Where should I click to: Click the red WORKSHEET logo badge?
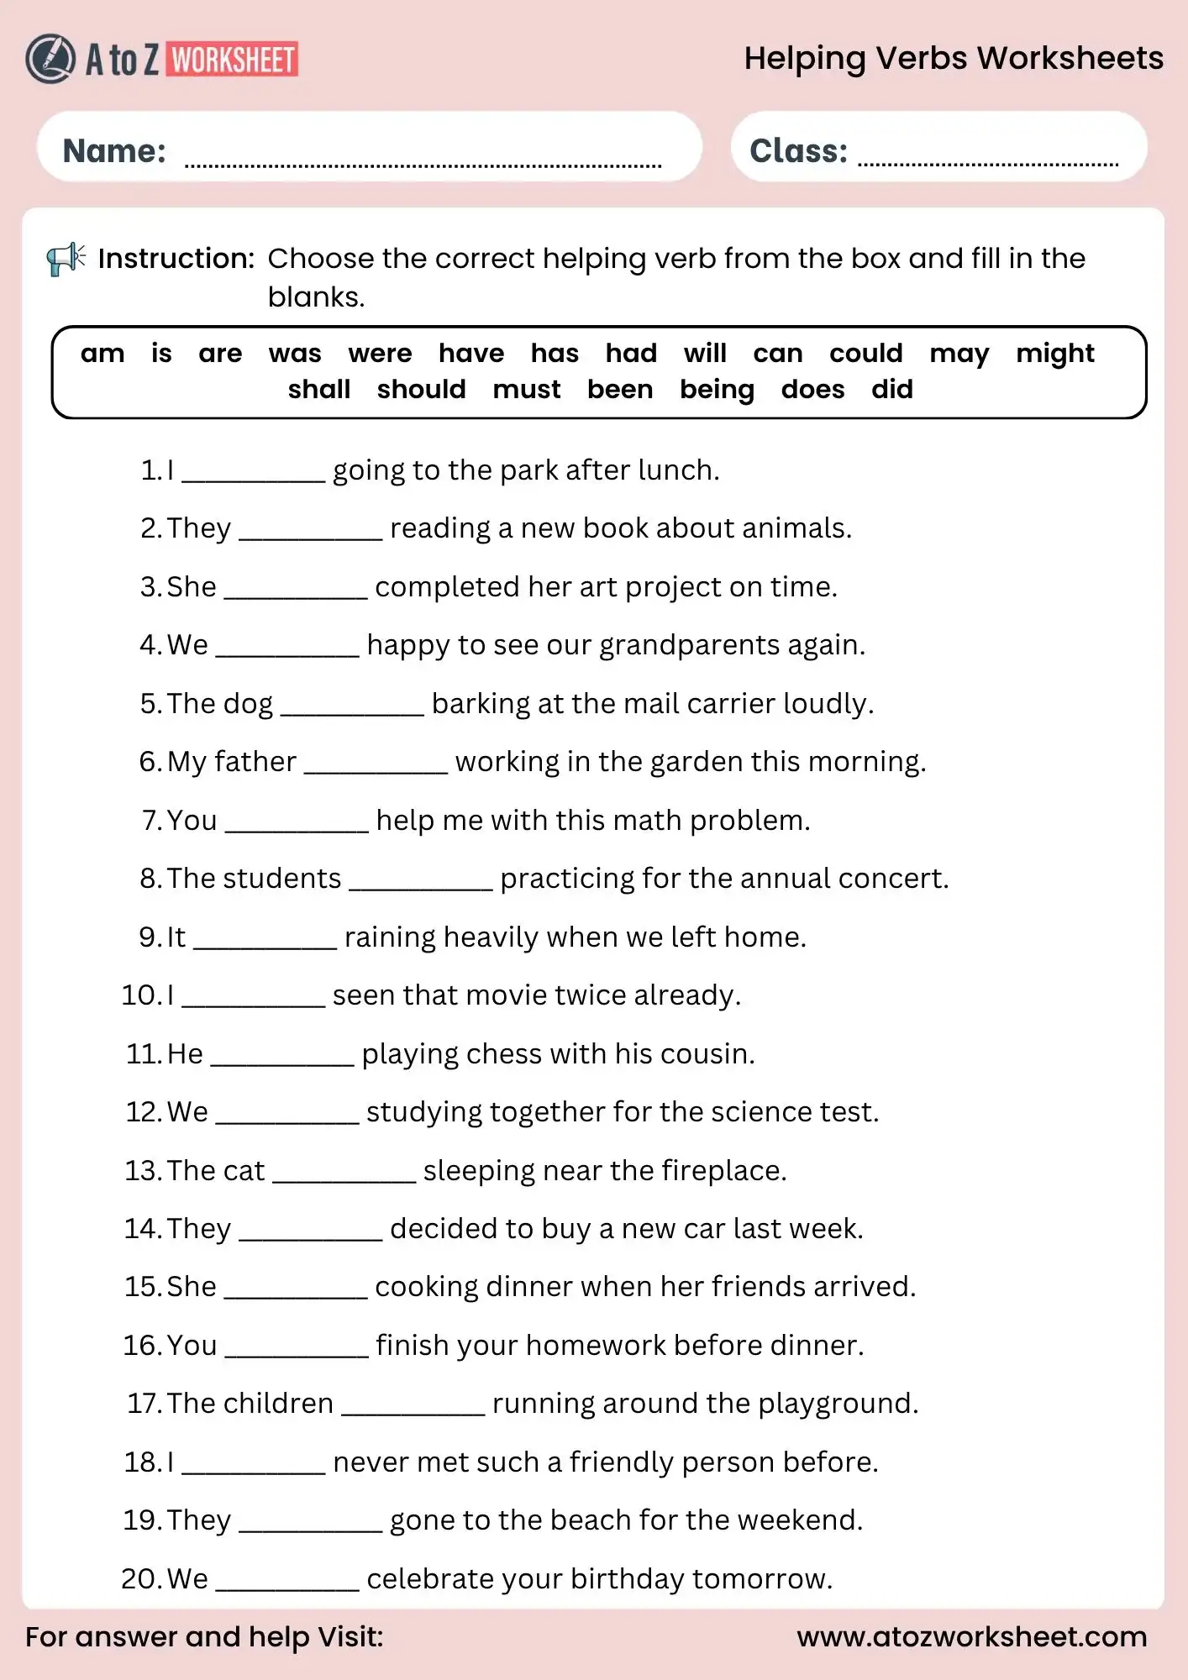point(233,60)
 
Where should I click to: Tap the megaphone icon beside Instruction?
point(66,259)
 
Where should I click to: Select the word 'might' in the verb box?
point(1054,354)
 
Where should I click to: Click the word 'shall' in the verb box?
point(318,390)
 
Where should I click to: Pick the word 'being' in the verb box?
point(717,390)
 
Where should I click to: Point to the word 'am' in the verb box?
point(103,354)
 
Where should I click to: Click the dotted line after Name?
point(423,164)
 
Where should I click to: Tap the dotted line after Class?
point(987,163)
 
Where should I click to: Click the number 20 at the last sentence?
point(139,1579)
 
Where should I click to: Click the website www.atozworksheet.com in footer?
point(971,1636)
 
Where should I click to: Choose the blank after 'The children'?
point(413,1410)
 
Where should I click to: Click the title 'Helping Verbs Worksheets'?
point(953,59)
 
